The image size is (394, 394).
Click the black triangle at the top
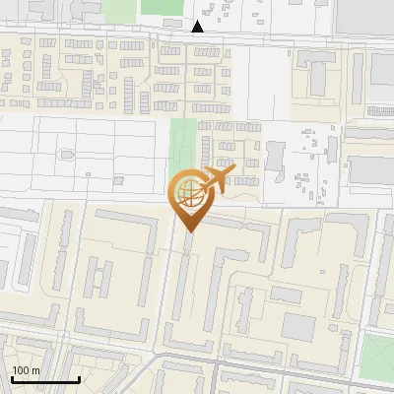tap(198, 27)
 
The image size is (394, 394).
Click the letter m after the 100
tap(35, 370)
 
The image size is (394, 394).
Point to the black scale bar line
tap(45, 379)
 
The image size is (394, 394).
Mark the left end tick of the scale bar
tap(12, 377)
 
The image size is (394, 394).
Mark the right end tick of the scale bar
tap(79, 377)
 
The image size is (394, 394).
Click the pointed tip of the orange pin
tap(187, 230)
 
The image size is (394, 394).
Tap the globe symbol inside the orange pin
tap(187, 193)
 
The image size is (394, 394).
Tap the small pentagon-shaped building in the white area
tap(67, 153)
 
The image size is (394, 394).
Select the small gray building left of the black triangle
tap(172, 22)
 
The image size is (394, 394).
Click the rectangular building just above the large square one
tap(287, 295)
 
